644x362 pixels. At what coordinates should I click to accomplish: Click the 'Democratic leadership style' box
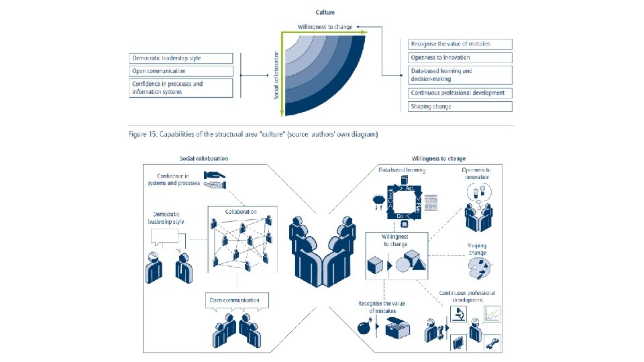pos(181,58)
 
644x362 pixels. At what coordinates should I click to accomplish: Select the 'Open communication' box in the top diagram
pos(181,71)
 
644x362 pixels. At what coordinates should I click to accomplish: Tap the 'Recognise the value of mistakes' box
pos(460,44)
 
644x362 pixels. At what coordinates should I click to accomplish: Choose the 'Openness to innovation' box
pos(460,58)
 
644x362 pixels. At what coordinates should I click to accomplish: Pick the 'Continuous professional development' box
pos(460,93)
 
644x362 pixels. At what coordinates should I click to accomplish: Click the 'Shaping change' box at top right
pos(460,107)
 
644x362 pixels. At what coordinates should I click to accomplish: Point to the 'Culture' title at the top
pos(325,12)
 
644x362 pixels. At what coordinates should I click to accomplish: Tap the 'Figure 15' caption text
pos(253,135)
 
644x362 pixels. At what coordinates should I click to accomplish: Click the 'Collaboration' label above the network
pos(241,212)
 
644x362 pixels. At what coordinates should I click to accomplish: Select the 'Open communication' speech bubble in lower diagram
pos(234,300)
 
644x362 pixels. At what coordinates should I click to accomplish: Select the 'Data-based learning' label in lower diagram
pos(400,170)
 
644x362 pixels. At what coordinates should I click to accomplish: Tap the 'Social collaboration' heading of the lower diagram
pos(204,159)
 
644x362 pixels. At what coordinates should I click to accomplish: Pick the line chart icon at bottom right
pos(493,313)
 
